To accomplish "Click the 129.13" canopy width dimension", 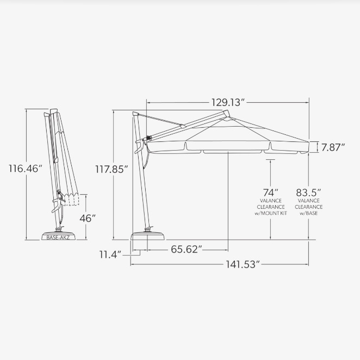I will (228, 102).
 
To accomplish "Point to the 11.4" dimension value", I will (110, 254).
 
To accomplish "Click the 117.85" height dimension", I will (111, 169).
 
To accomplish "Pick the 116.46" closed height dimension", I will (25, 169).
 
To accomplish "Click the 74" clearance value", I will (271, 192).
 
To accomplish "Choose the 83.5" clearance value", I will (308, 192).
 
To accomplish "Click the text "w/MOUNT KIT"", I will (271, 214).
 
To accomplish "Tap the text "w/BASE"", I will (308, 214).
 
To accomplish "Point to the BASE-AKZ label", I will (61, 237).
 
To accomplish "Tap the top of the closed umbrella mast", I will (53, 112).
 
